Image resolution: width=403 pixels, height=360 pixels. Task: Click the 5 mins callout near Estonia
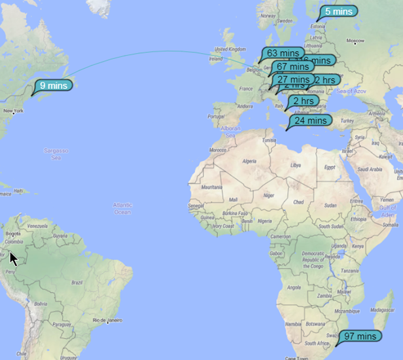[338, 11]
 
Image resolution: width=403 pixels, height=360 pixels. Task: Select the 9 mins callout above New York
[52, 85]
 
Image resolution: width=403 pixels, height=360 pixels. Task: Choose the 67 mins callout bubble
[292, 66]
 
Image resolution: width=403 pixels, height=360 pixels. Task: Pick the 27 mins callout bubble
[291, 79]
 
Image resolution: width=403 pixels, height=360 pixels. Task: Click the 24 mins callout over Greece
[310, 120]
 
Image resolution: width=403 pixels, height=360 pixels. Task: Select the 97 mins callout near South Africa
[362, 336]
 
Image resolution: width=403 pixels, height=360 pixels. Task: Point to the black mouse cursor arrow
[13, 258]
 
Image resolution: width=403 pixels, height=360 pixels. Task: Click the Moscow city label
[355, 42]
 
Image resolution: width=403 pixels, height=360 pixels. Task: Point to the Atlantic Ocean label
[122, 208]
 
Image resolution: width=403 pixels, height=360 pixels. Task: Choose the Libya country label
[296, 165]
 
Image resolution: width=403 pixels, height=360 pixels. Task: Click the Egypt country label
[329, 167]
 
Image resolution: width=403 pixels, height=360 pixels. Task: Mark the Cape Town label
[296, 357]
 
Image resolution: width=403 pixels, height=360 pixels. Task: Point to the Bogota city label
[13, 232]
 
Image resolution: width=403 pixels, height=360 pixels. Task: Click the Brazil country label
[76, 282]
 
